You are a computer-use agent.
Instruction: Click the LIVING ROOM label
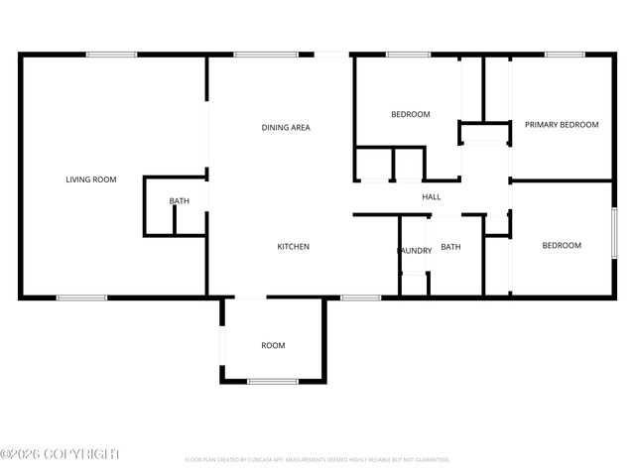(91, 179)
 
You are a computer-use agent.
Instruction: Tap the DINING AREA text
(286, 127)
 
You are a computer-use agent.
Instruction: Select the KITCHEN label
(294, 246)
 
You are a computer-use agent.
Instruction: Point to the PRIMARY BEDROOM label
(562, 124)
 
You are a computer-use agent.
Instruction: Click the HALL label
(432, 196)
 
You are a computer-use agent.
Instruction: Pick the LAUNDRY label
(415, 250)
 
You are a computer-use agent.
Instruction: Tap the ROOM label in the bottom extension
(273, 345)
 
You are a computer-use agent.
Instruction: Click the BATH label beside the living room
(179, 201)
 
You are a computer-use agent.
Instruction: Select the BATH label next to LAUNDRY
(451, 247)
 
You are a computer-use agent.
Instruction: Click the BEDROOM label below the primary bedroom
(562, 245)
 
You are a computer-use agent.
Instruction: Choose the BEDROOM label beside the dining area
(411, 114)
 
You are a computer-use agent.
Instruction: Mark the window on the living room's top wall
(111, 55)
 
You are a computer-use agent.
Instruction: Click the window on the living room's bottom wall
(81, 297)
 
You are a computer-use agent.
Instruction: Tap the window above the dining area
(266, 55)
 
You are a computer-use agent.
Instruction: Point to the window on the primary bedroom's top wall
(564, 55)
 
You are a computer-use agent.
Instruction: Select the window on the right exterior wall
(614, 235)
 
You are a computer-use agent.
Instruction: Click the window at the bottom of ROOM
(273, 381)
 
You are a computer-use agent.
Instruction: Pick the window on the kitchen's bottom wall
(361, 297)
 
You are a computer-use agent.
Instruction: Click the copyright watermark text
(60, 453)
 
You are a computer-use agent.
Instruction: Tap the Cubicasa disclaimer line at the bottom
(317, 460)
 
